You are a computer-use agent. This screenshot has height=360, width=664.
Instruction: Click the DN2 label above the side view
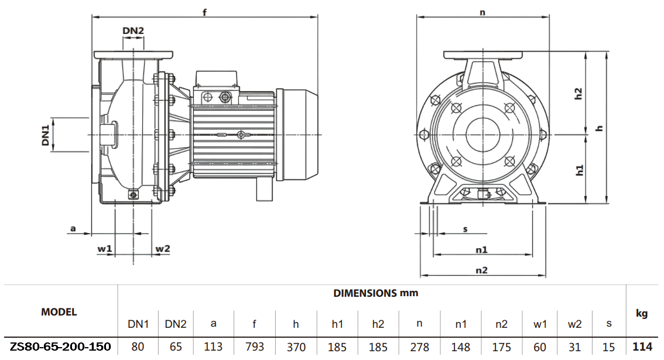(x=133, y=31)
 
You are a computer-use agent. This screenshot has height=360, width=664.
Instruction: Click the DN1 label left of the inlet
(x=46, y=135)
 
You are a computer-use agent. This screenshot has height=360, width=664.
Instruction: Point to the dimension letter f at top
(x=204, y=12)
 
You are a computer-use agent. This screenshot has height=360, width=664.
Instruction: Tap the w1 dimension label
(x=105, y=249)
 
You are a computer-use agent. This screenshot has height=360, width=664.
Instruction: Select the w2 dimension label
(x=162, y=249)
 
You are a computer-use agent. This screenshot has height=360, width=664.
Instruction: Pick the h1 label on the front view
(x=579, y=170)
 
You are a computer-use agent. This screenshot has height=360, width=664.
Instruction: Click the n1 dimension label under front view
(x=481, y=249)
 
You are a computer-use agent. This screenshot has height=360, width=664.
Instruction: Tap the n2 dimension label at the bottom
(x=481, y=270)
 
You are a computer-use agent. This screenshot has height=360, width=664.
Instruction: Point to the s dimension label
(x=466, y=229)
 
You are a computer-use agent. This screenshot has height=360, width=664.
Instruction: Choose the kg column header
(x=642, y=313)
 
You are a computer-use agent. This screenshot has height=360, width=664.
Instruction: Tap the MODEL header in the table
(x=59, y=312)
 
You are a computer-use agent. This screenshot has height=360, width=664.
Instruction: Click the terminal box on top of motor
(x=217, y=78)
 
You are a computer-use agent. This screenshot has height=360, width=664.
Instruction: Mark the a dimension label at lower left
(x=73, y=228)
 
